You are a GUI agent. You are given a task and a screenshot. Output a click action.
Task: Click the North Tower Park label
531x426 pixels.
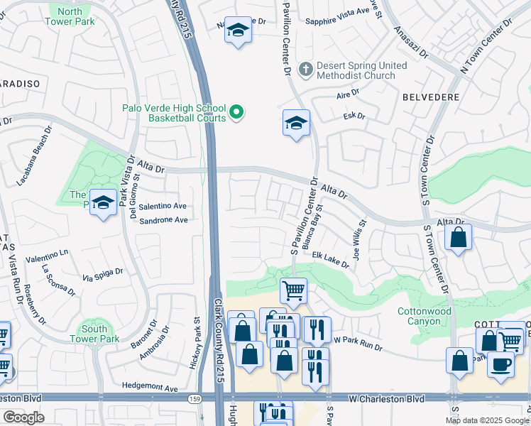70,16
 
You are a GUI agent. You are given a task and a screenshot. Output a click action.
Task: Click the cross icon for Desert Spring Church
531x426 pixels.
306,70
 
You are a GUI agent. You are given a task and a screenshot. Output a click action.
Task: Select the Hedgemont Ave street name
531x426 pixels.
152,388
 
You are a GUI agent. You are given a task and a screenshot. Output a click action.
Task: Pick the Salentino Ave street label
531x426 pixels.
163,206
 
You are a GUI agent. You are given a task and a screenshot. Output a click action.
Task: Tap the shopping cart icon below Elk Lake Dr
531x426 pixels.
292,290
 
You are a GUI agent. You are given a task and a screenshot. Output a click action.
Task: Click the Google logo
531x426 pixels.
23,417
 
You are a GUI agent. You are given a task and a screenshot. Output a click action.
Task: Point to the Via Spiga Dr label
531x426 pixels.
103,275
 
